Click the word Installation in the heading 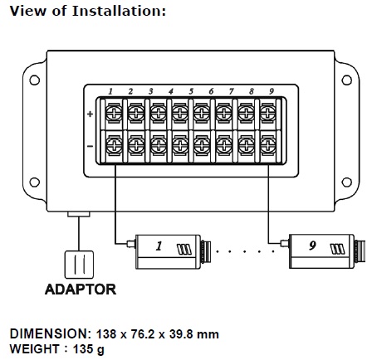tap(119, 11)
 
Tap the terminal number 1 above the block tap(110, 91)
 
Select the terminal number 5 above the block tap(191, 91)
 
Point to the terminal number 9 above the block tap(272, 91)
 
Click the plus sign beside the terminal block tap(90, 114)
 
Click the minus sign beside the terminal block tap(90, 146)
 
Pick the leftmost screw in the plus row tap(114, 113)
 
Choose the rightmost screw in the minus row tap(268, 145)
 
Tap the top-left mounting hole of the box tap(34, 80)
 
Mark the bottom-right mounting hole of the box tap(346, 182)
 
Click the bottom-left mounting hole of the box tap(34, 182)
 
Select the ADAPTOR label tap(81, 289)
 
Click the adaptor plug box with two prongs tap(79, 265)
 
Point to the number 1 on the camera tap(159, 246)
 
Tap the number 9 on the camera tap(312, 246)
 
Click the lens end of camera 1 tap(206, 251)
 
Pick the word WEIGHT tap(35, 348)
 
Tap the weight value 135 tap(83, 348)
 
